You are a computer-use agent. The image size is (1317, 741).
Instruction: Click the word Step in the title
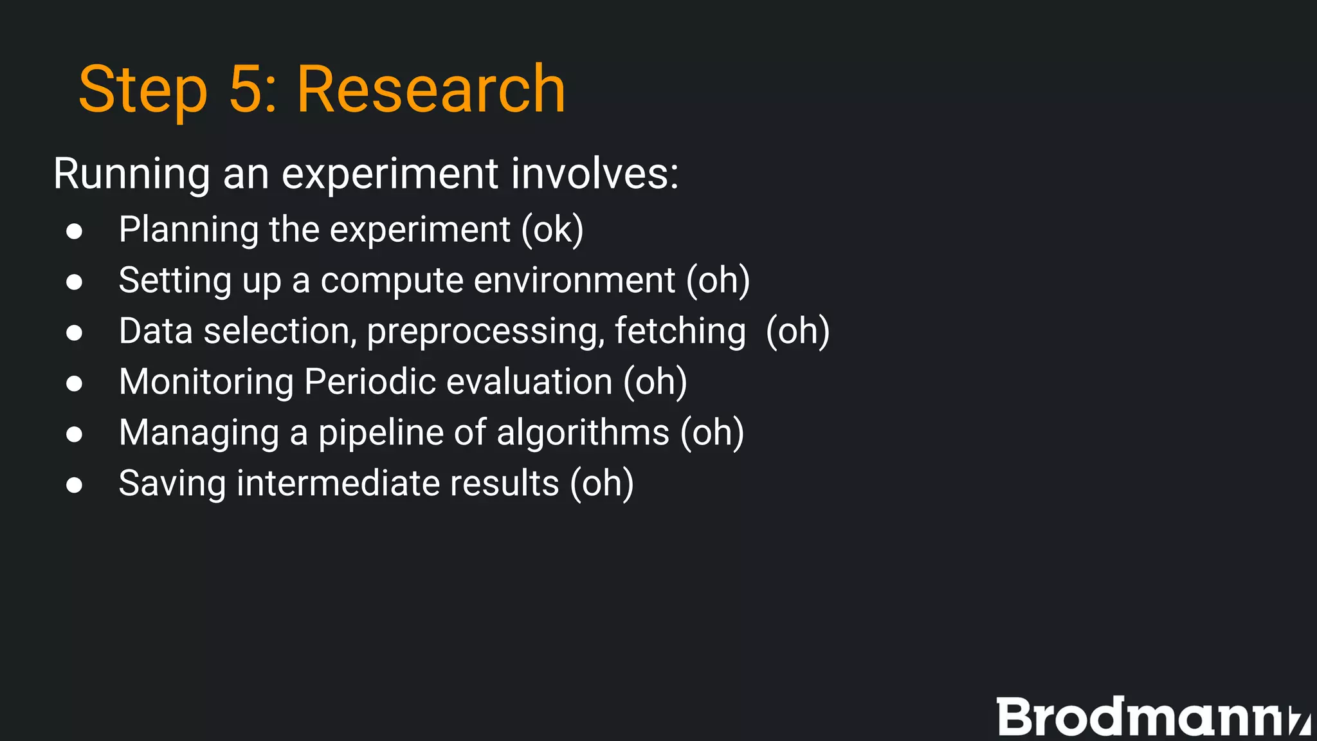[x=143, y=90]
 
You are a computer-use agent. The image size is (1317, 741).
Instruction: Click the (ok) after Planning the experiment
[x=552, y=230]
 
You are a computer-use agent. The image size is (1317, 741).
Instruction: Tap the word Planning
[x=188, y=230]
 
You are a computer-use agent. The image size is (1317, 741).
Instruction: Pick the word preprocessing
[x=486, y=332]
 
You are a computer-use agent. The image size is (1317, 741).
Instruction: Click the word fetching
[x=680, y=332]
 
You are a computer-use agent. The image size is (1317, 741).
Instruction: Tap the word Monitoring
[x=206, y=382]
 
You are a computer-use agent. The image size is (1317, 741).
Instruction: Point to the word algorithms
[x=583, y=432]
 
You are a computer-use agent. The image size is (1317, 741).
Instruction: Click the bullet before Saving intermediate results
[x=74, y=484]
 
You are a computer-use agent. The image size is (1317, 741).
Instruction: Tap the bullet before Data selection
[x=74, y=332]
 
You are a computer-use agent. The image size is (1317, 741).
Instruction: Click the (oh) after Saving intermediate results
[x=602, y=484]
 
